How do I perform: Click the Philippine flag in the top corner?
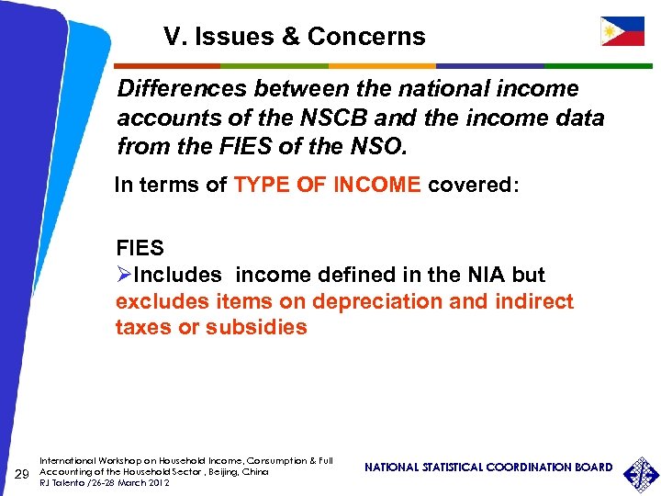(x=622, y=31)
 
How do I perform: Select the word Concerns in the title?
(x=366, y=37)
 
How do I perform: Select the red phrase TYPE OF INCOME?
(x=328, y=185)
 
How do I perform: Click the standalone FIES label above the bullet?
(x=140, y=248)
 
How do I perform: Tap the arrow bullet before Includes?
(x=125, y=275)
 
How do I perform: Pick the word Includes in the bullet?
(x=178, y=275)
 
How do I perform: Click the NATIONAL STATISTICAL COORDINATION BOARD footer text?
(x=488, y=468)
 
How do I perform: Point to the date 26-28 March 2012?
(x=124, y=482)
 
